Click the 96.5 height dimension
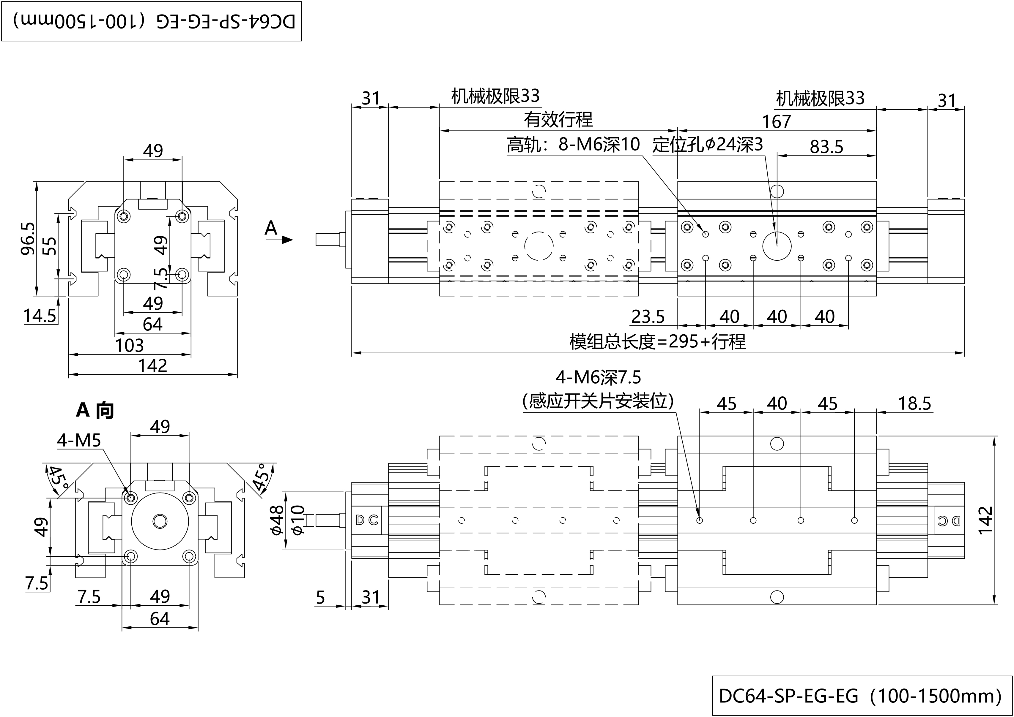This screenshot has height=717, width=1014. click(27, 238)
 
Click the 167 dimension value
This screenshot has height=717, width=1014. click(776, 122)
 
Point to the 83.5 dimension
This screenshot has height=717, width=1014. click(826, 147)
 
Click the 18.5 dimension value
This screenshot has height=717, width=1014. click(914, 403)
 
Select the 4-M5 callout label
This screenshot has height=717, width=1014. click(79, 440)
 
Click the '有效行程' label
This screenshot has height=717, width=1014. click(558, 120)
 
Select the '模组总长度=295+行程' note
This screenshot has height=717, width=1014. click(657, 342)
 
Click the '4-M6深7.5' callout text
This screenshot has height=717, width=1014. click(598, 377)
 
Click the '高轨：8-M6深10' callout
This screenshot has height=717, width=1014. click(573, 144)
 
